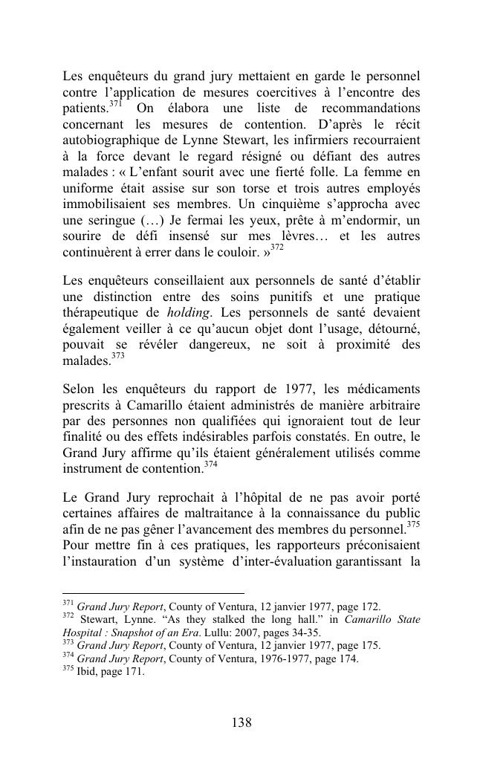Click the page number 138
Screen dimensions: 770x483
(241, 722)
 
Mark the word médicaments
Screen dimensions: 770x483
(377, 389)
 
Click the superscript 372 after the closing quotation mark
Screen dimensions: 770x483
(276, 249)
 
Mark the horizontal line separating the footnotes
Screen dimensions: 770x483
(153, 594)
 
